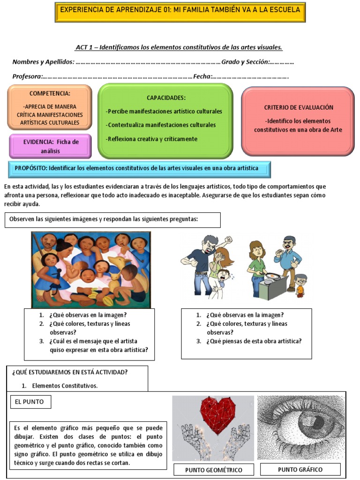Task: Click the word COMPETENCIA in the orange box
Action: pos(50,93)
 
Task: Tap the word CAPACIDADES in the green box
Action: pos(166,97)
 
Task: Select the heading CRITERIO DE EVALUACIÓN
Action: pos(298,107)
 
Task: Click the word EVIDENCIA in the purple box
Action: pos(39,142)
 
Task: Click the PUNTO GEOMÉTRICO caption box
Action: pos(214,470)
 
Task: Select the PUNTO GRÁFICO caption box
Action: pos(300,469)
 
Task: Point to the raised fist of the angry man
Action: pos(228,240)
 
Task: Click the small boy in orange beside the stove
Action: pos(300,285)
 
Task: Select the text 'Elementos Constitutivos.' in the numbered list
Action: pos(65,386)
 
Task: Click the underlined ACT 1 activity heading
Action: pos(179,47)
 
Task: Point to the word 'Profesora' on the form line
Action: pos(27,76)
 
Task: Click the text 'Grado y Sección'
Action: pos(245,62)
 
